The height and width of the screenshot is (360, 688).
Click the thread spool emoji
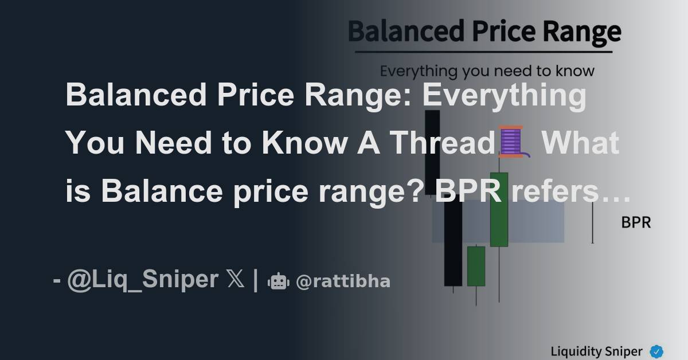512,142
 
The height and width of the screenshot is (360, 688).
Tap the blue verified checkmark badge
656,351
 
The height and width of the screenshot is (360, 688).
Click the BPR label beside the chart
636,222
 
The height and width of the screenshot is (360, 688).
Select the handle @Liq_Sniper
143,280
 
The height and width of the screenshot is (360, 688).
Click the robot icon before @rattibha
279,281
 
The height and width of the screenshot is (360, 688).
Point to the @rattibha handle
343,281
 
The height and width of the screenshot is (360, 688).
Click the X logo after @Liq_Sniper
236,280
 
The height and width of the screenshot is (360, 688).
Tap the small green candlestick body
476,266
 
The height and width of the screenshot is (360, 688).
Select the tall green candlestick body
499,209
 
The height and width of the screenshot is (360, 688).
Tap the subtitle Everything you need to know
487,72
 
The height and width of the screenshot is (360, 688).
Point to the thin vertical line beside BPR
592,222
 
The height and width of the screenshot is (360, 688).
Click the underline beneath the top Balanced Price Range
483,52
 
